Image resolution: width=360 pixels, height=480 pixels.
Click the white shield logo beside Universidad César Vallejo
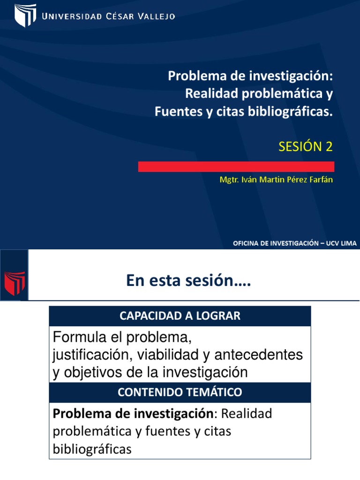pyautogui.click(x=25, y=15)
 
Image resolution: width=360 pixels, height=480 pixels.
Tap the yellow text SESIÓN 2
pyautogui.click(x=306, y=147)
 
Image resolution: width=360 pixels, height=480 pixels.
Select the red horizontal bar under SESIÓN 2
pyautogui.click(x=236, y=167)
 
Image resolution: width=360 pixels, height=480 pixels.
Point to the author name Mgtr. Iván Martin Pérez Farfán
pyautogui.click(x=276, y=180)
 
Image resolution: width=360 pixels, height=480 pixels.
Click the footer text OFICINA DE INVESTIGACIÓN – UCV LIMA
pyautogui.click(x=295, y=243)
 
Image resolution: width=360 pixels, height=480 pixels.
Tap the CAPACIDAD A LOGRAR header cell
pyautogui.click(x=180, y=316)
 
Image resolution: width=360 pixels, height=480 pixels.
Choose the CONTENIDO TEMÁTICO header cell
pyautogui.click(x=180, y=392)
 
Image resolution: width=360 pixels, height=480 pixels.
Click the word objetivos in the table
pyautogui.click(x=89, y=373)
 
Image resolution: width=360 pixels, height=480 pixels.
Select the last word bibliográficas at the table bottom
pyautogui.click(x=92, y=450)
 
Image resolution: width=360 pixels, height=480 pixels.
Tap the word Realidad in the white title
pyautogui.click(x=207, y=94)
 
